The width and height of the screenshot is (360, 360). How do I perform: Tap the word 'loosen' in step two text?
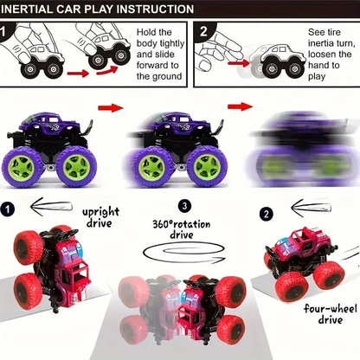pyautogui.click(x=327, y=62)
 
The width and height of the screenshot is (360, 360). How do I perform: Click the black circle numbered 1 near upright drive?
pyautogui.click(x=9, y=209)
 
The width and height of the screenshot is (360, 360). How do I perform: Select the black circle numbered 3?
pyautogui.click(x=184, y=206)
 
